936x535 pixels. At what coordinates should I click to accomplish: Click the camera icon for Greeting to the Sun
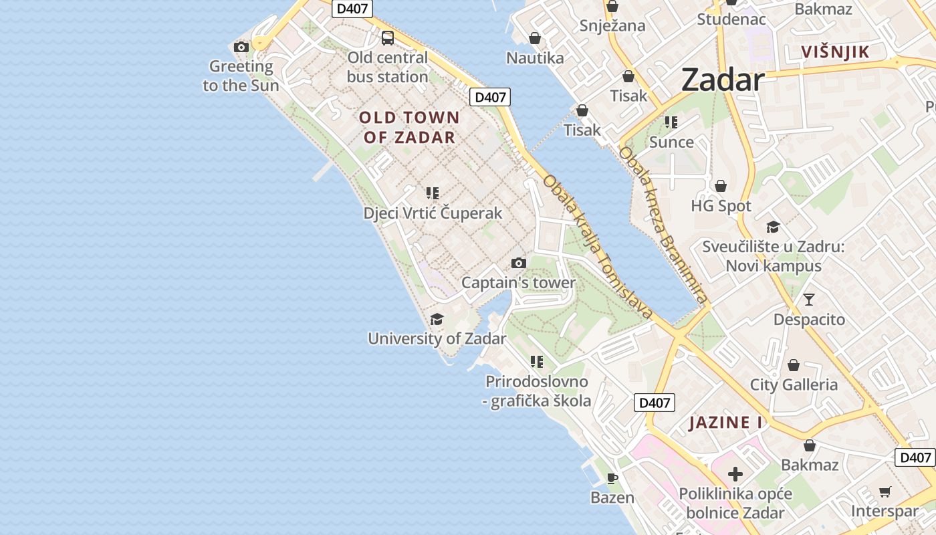(241, 47)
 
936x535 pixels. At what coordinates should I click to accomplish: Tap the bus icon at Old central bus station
(388, 38)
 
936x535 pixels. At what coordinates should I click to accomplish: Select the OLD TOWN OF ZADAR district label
(409, 128)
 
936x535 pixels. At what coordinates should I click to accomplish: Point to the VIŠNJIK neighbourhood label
(835, 52)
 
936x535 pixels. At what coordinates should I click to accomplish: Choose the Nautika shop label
(535, 58)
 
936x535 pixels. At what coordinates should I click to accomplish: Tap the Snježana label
(612, 26)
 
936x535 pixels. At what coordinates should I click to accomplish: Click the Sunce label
(671, 142)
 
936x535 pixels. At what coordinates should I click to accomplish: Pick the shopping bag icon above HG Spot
(721, 186)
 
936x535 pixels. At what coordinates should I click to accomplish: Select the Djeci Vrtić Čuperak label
(433, 213)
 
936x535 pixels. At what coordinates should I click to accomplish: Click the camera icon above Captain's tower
(518, 263)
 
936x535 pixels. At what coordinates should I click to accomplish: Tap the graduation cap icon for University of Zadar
(437, 319)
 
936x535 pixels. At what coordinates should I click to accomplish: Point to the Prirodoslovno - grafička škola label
(537, 391)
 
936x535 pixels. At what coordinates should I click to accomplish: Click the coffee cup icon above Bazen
(612, 478)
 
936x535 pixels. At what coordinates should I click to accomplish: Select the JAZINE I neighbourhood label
(725, 423)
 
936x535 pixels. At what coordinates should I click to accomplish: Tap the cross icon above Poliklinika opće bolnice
(735, 474)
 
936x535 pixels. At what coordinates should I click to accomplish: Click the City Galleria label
(794, 385)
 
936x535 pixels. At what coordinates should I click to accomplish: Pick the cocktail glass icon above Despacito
(809, 299)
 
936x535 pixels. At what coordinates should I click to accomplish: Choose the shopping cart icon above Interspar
(885, 492)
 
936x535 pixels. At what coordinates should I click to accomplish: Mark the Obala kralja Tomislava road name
(597, 246)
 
